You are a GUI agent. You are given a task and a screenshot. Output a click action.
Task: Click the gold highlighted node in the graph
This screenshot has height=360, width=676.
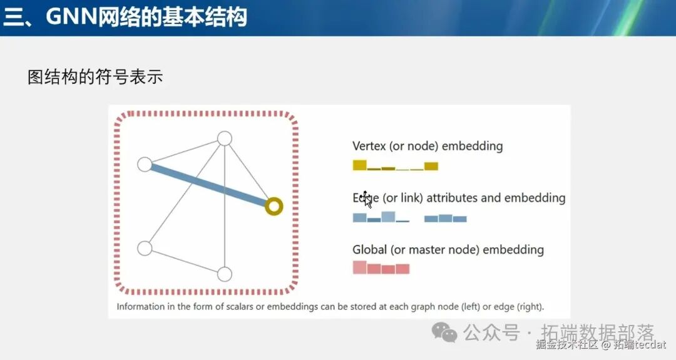274,206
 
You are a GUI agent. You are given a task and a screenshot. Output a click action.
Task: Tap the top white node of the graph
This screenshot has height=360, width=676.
224,138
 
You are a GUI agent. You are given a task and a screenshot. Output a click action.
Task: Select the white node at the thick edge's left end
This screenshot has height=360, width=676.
145,164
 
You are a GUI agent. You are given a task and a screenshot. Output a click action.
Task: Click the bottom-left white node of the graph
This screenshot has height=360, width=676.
145,248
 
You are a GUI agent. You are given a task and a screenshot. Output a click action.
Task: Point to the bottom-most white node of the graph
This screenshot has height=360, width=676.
224,274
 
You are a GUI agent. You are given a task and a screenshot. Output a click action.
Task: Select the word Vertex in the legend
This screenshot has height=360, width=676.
369,147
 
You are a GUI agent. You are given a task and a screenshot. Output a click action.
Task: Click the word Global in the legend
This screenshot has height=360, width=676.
369,250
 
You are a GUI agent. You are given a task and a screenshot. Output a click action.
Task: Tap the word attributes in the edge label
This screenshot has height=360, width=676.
452,198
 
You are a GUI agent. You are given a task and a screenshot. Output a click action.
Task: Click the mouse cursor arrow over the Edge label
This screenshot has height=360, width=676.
367,200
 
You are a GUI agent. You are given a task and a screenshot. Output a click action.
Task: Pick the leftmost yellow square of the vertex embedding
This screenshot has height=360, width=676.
359,165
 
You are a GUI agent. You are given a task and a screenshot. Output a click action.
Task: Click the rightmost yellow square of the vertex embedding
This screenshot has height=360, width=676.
431,166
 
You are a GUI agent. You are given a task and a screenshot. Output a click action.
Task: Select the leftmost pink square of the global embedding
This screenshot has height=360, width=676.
359,267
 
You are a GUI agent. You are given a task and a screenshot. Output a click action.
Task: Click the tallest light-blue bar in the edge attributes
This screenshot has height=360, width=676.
388,217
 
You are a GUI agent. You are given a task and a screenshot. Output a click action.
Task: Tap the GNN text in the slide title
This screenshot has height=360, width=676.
69,17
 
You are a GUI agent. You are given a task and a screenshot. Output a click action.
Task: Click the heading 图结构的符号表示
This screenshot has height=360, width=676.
95,77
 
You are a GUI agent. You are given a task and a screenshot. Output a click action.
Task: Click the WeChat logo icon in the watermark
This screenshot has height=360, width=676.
445,332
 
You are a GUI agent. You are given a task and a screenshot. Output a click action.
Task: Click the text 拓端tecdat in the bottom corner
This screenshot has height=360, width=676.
640,344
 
